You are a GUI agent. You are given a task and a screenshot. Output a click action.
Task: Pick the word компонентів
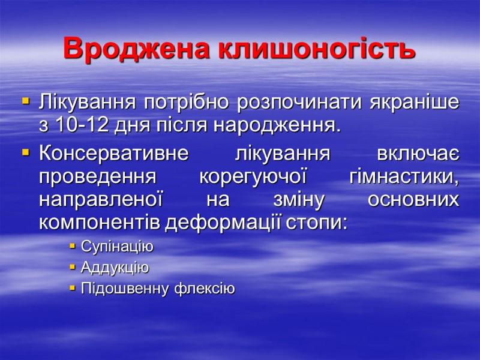click(100, 223)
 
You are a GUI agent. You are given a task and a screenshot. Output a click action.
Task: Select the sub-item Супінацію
click(116, 247)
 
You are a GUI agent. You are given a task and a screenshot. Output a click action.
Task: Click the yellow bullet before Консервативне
click(25, 154)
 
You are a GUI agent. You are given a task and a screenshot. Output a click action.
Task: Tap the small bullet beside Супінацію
click(72, 247)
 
